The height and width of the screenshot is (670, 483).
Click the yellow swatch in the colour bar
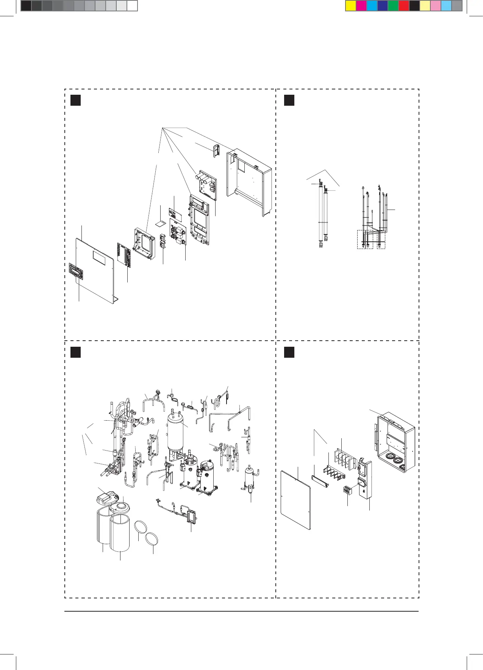point(351,6)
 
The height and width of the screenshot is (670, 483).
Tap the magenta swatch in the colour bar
point(361,6)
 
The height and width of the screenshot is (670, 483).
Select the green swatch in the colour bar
point(393,6)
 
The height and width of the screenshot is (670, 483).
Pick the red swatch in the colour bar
point(404,6)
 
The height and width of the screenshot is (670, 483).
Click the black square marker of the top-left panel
point(76,100)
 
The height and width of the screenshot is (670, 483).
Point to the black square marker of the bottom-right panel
point(289,352)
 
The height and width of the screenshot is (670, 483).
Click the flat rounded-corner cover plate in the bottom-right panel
point(295,499)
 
